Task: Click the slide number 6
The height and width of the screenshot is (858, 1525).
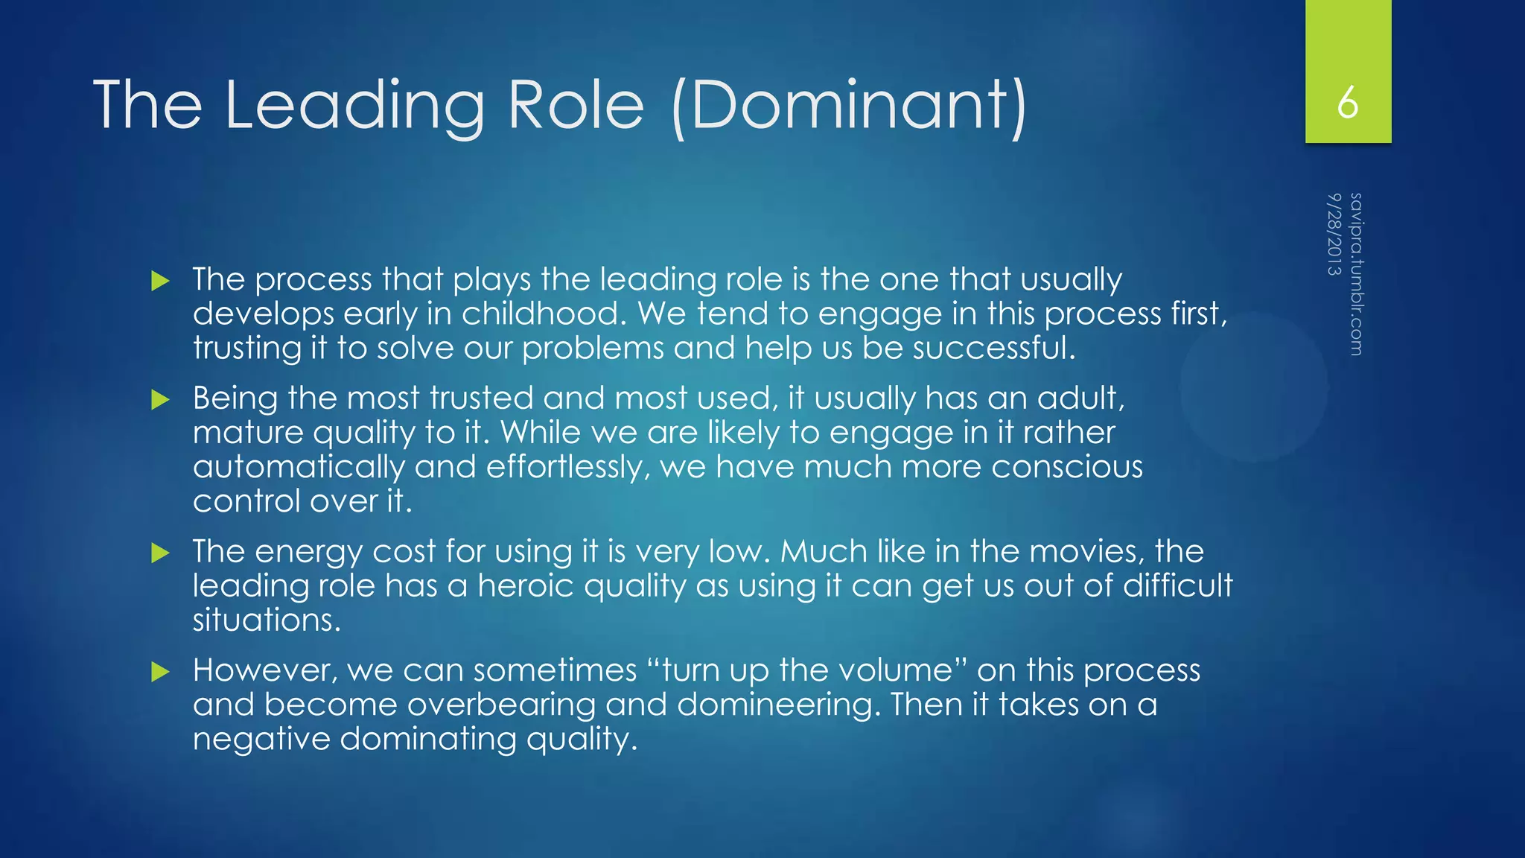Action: tap(1347, 103)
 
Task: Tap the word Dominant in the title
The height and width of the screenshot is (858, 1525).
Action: tap(848, 105)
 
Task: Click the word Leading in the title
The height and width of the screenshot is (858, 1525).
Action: tap(354, 105)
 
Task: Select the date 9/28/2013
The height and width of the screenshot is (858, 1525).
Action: tap(1334, 234)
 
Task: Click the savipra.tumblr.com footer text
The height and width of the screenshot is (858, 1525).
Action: tap(1356, 274)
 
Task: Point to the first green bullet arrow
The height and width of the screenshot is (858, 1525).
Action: tap(160, 281)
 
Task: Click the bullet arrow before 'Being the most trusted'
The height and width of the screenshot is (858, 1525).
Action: tap(160, 400)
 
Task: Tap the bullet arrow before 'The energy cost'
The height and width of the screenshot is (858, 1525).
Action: tap(160, 553)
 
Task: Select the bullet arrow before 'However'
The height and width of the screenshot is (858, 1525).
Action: tap(160, 672)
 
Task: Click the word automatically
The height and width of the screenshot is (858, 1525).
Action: tap(299, 467)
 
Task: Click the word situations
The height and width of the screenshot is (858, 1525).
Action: tap(266, 620)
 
